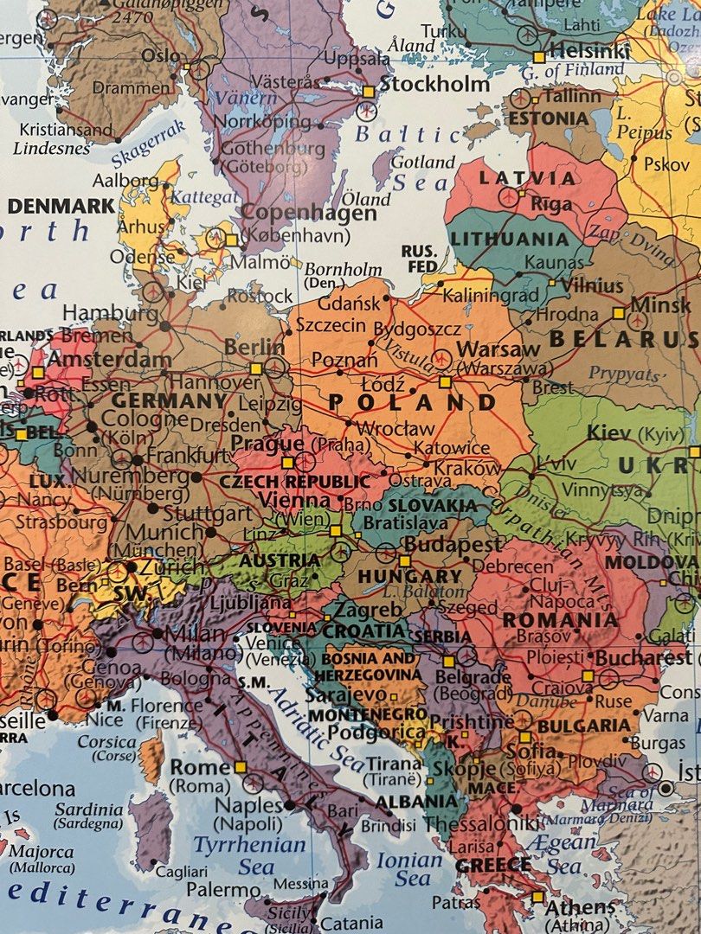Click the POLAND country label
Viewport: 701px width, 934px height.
coord(413,403)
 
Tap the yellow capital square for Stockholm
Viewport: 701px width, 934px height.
coord(370,91)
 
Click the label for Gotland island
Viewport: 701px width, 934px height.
coord(422,162)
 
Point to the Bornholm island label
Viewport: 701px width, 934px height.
coord(343,269)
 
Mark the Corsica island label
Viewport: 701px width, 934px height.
coord(106,742)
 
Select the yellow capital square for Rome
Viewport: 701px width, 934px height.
coord(241,767)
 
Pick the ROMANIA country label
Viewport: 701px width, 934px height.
coord(560,620)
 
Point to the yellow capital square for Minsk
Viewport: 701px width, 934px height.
coord(619,313)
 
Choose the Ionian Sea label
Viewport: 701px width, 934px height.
coord(408,868)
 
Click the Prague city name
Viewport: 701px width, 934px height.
coord(267,445)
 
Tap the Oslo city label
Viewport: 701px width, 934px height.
coord(160,55)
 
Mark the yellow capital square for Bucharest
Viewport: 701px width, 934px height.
coord(588,675)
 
